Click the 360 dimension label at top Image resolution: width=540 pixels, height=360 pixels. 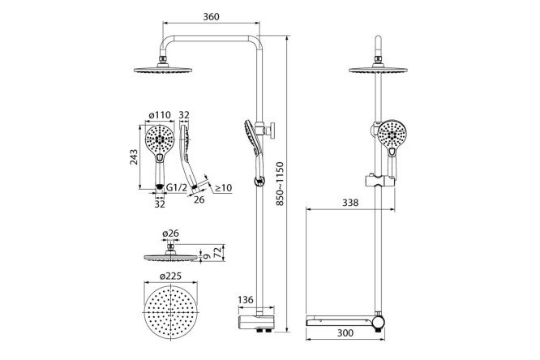tap(211, 16)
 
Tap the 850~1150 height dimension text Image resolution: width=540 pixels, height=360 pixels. tap(280, 184)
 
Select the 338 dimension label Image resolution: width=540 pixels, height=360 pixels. tap(350, 203)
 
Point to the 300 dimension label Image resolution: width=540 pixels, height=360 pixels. tap(345, 332)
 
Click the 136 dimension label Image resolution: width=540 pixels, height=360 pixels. tap(246, 300)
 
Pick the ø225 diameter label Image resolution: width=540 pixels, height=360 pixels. tap(170, 276)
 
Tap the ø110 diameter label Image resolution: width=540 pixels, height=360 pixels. tap(160, 114)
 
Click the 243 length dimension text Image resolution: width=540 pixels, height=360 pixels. tap(134, 157)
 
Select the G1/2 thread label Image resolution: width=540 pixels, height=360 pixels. tap(177, 188)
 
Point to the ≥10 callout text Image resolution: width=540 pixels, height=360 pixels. tap(224, 188)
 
